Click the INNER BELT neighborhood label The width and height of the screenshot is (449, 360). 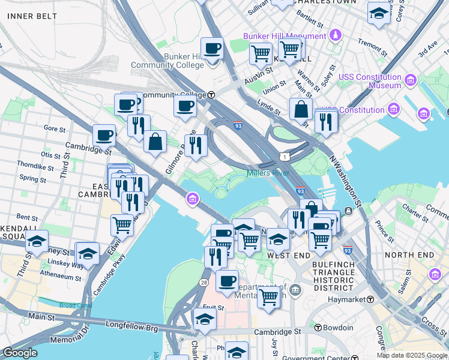coord(32,16)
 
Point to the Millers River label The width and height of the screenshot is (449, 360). coord(268,173)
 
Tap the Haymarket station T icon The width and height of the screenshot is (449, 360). coord(372,299)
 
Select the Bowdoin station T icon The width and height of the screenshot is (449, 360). coord(318,328)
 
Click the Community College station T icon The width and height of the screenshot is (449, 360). coord(211,95)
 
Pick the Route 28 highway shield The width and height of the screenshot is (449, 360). coord(204,282)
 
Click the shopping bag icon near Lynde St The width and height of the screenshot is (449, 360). coord(301,110)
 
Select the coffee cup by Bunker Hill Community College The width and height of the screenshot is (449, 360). coord(211,48)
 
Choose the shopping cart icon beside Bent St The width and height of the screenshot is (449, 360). coord(122,226)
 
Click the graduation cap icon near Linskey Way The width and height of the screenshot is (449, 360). coord(88,253)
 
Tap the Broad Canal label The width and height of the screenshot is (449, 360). coord(76,305)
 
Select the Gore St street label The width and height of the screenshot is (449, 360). coord(54,128)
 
